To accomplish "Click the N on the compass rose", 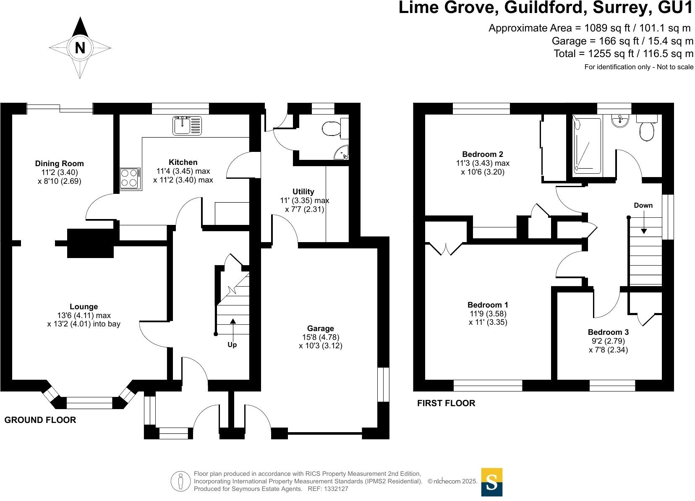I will point(80,48).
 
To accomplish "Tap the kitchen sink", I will point(187,125).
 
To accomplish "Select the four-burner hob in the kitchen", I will point(130,177).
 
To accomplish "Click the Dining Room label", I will point(59,164).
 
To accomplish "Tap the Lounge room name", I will point(84,307).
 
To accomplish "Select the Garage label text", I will point(321,329).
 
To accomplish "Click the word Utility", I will point(303,192).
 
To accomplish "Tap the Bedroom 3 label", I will point(608,332).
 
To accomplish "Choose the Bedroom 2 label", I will point(483,154).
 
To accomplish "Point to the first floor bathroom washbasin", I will point(620,121).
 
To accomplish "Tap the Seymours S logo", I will point(491,482).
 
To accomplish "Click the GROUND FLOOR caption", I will point(40,420).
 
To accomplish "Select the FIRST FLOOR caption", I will point(446,403).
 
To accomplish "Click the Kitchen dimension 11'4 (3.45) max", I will point(183,171).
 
